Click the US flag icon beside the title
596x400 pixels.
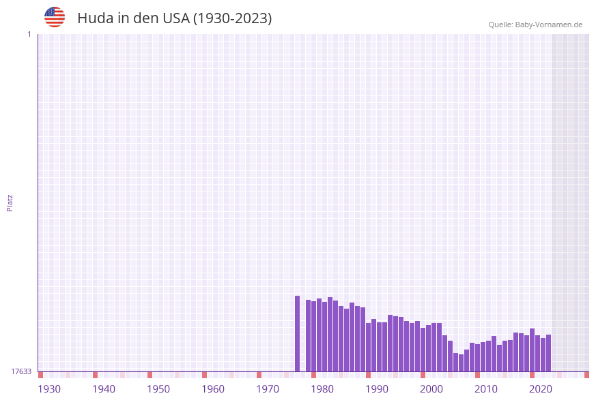[55, 17]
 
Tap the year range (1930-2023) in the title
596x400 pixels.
[233, 18]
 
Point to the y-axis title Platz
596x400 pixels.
[10, 202]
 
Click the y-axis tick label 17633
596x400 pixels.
[21, 371]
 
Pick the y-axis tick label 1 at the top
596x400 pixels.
[29, 34]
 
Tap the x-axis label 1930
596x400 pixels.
[49, 389]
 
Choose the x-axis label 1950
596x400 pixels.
[158, 389]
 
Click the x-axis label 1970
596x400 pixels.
[268, 389]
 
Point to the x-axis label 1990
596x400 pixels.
[377, 389]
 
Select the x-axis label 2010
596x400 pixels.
[486, 389]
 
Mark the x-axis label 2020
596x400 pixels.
[541, 389]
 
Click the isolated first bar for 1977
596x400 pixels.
[298, 334]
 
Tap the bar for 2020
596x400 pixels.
[533, 350]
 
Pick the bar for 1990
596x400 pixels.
[369, 348]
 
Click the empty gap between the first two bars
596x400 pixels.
[303, 341]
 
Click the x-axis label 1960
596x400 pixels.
[213, 389]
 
